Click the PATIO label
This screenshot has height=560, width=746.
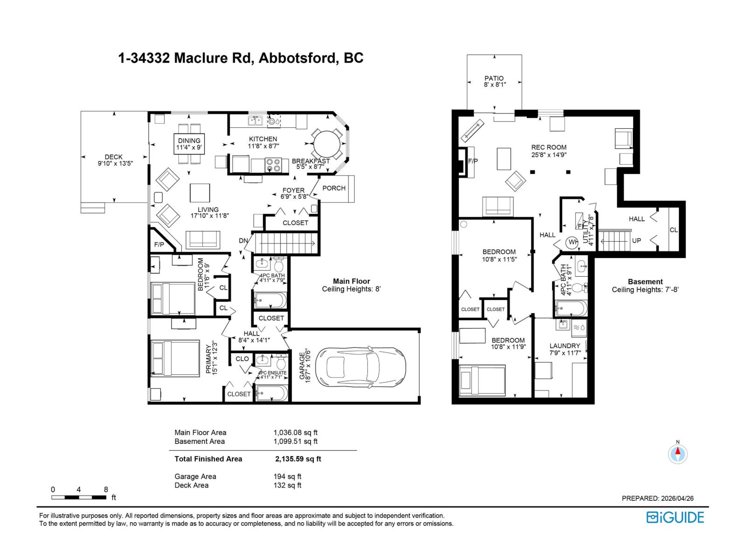pos(494,78)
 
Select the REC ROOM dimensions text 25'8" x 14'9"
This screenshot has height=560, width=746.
pos(549,154)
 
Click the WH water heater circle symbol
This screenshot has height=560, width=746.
pos(572,242)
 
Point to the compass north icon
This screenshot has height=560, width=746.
pos(677,453)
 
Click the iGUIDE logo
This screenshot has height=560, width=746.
pos(675,517)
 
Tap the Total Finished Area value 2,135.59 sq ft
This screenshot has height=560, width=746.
pos(298,459)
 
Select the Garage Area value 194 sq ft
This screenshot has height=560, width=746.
pos(287,476)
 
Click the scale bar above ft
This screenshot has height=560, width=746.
pos(79,497)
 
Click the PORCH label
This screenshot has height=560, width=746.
pos(334,188)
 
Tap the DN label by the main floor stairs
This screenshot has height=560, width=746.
pos(243,241)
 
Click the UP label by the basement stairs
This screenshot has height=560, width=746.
pos(636,241)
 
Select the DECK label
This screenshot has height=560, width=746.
pos(113,157)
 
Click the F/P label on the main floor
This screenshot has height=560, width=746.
pos(159,245)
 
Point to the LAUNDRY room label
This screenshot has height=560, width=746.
pos(565,346)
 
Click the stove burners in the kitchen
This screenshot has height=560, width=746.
pos(273,165)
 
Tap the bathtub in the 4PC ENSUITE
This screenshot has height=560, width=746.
pos(272,393)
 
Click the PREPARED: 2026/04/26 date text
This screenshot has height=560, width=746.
pos(657,498)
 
